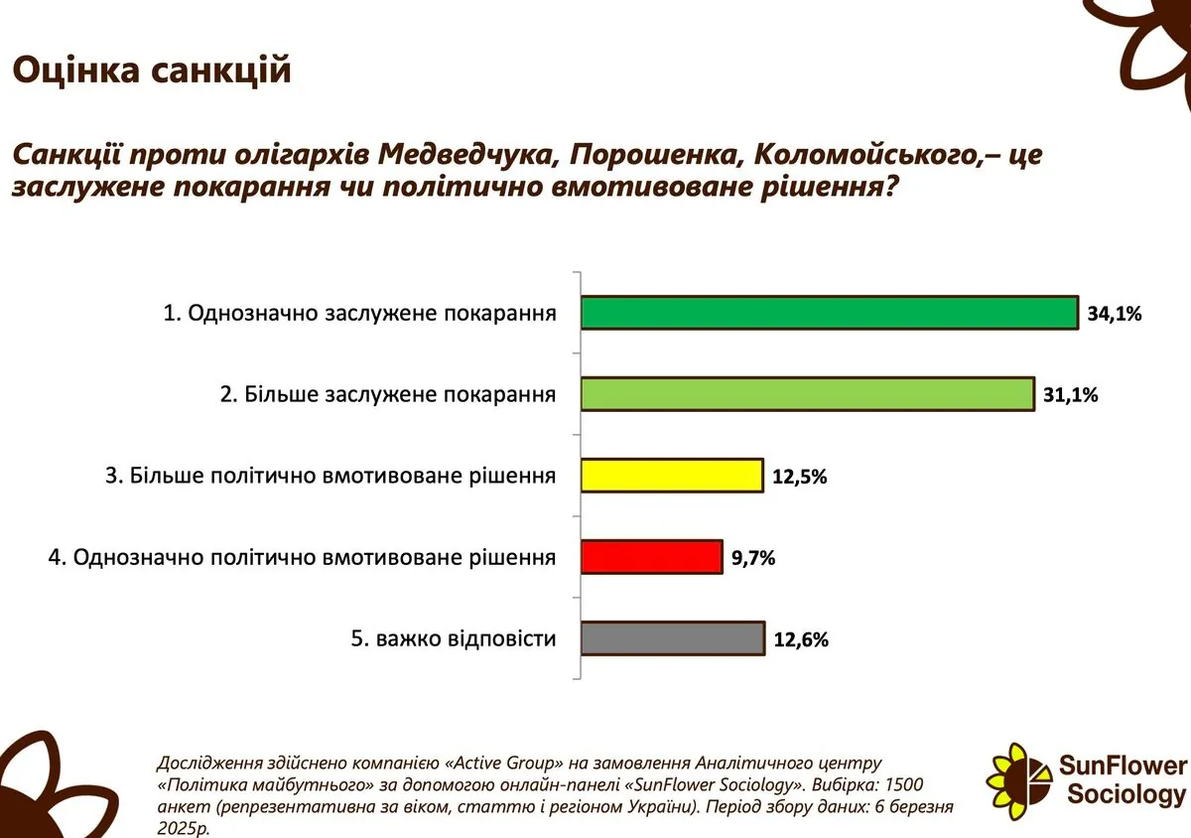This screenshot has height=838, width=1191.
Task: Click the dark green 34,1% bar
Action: pos(830,313)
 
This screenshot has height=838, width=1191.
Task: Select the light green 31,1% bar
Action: pos(808,394)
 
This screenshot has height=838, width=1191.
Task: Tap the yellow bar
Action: pos(672,476)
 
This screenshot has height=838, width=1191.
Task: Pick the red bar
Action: pos(652,557)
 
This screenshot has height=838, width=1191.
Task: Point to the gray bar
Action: pos(673,638)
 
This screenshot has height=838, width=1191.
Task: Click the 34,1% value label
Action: pos(1115,314)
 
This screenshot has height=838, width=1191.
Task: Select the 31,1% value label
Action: pos(1070,395)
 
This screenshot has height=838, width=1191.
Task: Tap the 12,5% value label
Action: pos(799,477)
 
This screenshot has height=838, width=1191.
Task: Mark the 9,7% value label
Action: pos(753,558)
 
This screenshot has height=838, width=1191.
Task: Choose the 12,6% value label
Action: pos(801,639)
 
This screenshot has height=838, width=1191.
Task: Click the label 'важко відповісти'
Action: pos(465,638)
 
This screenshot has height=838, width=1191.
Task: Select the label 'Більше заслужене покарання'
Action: pos(400,395)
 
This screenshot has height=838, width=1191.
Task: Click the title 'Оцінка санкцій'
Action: pos(152,70)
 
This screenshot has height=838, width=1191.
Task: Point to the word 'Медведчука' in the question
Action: pos(468,155)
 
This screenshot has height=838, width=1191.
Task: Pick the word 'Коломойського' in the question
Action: pos(867,155)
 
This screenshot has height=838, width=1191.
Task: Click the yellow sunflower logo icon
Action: pos(1018,781)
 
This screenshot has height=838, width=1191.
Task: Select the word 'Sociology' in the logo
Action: pos(1126,795)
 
